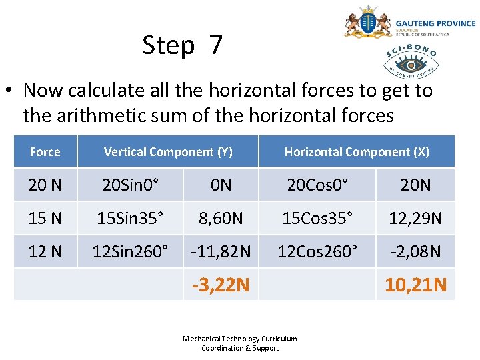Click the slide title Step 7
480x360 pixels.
182,45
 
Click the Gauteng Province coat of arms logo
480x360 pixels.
367,23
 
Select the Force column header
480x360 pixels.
45,152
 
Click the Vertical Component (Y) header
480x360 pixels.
168,152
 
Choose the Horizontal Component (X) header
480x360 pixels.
357,152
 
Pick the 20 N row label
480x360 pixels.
45,185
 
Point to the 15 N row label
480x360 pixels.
45,218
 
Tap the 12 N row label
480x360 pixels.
45,251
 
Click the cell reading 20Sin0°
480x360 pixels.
131,185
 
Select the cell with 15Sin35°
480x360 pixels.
131,218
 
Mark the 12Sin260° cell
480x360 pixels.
131,251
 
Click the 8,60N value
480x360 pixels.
221,218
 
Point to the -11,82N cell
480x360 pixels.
221,251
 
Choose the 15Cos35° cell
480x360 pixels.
317,218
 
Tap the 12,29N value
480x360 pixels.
416,218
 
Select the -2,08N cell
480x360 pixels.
416,251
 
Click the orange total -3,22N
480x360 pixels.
221,285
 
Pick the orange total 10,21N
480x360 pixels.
416,285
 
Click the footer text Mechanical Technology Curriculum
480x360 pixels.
240,339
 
